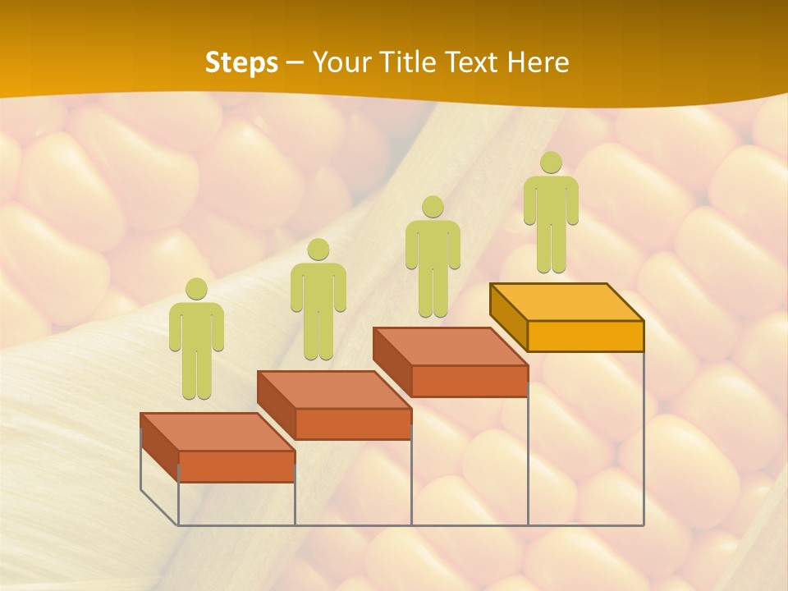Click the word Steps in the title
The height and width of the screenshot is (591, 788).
tap(241, 62)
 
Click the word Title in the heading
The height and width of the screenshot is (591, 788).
tap(410, 62)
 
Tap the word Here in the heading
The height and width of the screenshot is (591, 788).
tap(538, 62)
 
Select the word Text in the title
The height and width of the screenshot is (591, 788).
tap(474, 62)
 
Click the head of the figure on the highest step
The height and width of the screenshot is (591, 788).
tap(551, 163)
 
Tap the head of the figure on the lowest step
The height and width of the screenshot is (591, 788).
tap(196, 288)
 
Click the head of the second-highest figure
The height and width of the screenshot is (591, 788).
tap(433, 206)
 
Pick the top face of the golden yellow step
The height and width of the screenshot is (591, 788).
tap(566, 301)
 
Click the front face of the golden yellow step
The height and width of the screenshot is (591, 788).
tap(585, 336)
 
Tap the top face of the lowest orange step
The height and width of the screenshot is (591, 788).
tap(218, 431)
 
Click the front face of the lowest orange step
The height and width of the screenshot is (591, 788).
tap(236, 466)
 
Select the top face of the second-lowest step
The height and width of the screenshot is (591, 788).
tap(334, 389)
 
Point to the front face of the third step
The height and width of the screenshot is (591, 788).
tap(469, 381)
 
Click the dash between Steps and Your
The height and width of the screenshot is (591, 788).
tap(295, 62)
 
